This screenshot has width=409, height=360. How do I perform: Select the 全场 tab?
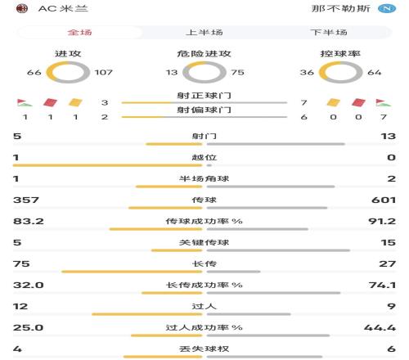point(79,33)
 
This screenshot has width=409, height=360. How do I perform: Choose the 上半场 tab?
point(204,33)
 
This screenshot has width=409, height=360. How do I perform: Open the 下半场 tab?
point(328,33)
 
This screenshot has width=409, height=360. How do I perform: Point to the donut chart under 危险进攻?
point(204,74)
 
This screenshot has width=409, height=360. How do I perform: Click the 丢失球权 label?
point(204,349)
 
